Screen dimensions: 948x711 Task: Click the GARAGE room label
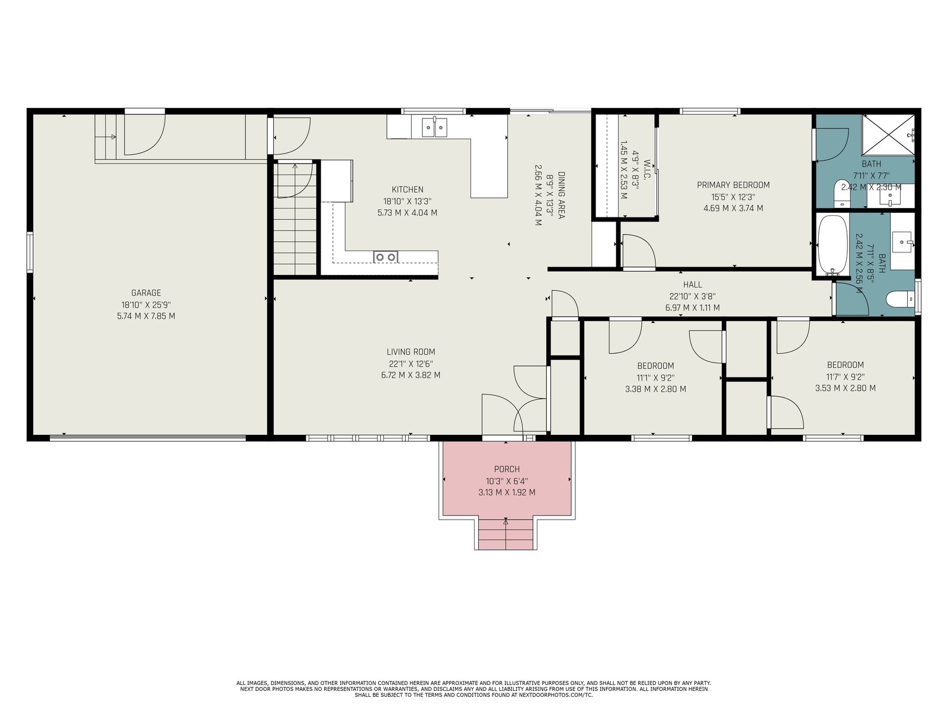point(146,293)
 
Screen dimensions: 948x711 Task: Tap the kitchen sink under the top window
point(434,127)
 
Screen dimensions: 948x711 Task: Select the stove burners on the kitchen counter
point(386,257)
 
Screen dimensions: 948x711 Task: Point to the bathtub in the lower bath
point(832,245)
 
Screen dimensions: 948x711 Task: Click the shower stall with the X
point(888,134)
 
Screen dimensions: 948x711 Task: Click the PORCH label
point(507,469)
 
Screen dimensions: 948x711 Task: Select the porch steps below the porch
point(506,534)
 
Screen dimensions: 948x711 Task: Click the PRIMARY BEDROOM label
point(733,185)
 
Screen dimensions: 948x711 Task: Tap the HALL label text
point(692,284)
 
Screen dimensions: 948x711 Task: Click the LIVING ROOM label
point(411,352)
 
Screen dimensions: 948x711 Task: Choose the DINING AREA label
point(561,195)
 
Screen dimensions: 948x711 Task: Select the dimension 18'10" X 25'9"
point(146,305)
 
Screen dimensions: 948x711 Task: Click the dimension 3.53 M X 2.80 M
point(845,388)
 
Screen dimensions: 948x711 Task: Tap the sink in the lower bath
point(902,242)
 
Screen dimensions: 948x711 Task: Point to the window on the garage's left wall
point(30,252)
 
